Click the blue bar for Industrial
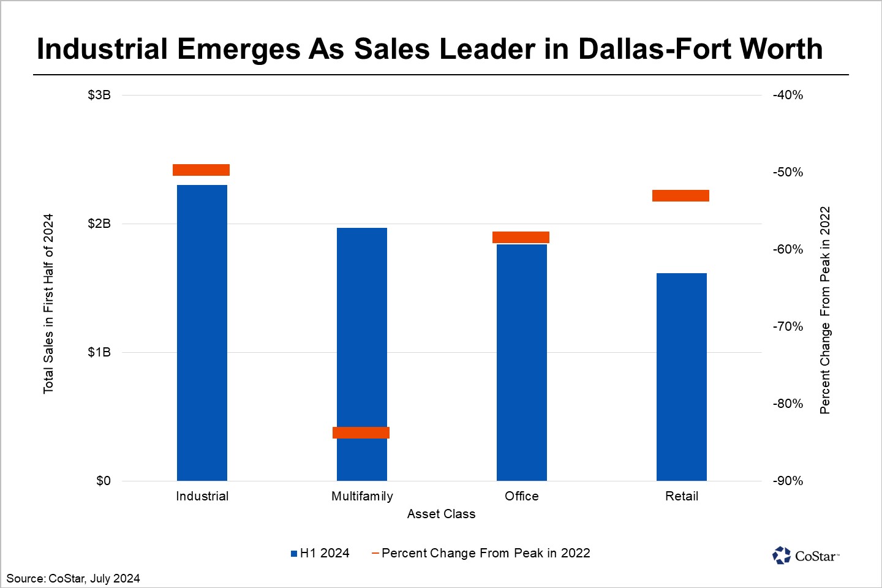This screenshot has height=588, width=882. click(x=202, y=333)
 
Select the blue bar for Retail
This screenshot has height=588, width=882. click(x=681, y=377)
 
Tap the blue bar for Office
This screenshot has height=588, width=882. click(x=521, y=362)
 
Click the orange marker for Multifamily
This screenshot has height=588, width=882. click(x=361, y=432)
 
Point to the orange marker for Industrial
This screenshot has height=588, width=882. click(x=201, y=170)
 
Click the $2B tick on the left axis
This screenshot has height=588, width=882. click(x=99, y=224)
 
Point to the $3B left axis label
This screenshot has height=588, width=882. click(x=99, y=95)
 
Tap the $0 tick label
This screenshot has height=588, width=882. click(x=103, y=481)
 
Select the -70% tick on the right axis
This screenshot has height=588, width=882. click(x=788, y=326)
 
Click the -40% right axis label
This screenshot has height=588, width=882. click(x=788, y=95)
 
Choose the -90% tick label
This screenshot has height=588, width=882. click(x=788, y=481)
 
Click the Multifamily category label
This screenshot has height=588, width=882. click(x=362, y=496)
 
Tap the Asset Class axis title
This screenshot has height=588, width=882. click(x=441, y=514)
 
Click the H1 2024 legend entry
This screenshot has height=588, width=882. click(x=320, y=553)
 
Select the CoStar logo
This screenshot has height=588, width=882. click(x=805, y=556)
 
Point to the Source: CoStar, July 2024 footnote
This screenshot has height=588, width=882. click(x=73, y=578)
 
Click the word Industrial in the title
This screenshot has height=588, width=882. click(x=102, y=49)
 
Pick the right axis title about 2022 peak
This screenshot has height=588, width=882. click(x=825, y=310)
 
